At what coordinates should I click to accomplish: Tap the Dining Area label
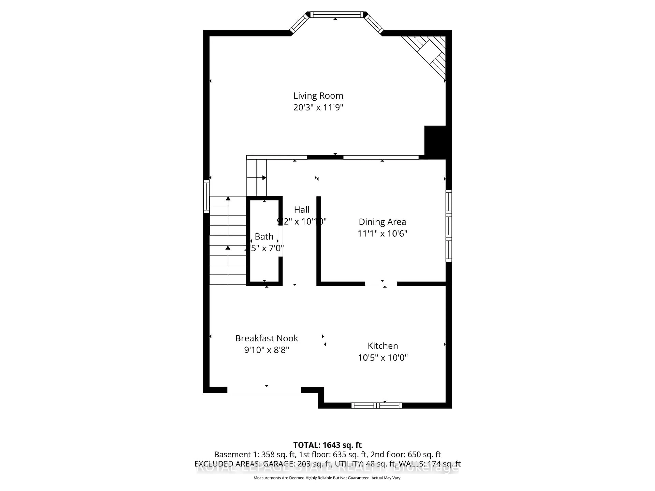382,222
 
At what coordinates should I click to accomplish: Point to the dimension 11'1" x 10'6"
382,234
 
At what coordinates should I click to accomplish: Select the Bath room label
264,236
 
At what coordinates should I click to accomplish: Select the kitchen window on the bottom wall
376,405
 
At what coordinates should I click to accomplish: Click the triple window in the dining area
449,226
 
